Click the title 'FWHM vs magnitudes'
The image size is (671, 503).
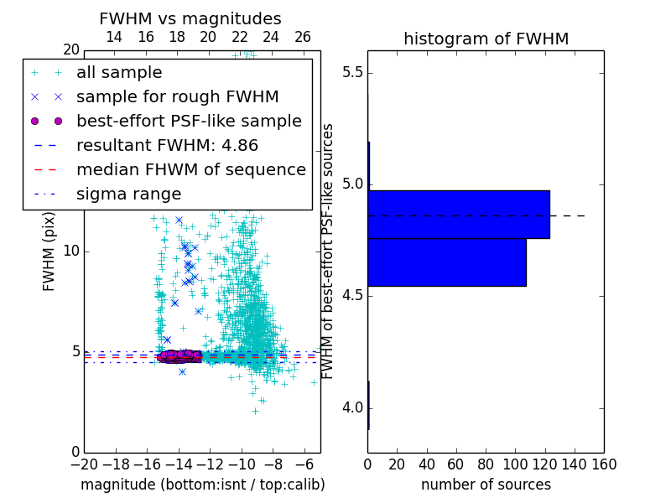pyautogui.click(x=190, y=18)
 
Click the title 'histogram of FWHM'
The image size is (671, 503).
pyautogui.click(x=486, y=39)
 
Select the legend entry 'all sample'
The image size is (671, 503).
pyautogui.click(x=119, y=72)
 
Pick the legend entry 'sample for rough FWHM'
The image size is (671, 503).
pyautogui.click(x=177, y=96)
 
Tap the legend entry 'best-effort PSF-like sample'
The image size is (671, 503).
pyautogui.click(x=189, y=121)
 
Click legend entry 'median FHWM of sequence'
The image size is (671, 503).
pyautogui.click(x=190, y=169)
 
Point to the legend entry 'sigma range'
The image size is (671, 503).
pyautogui.click(x=128, y=194)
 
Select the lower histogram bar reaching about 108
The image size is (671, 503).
pyautogui.click(x=446, y=262)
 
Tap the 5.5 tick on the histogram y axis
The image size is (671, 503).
pyautogui.click(x=352, y=72)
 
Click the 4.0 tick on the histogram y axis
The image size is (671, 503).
pyautogui.click(x=352, y=408)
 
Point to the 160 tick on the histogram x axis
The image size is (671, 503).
pyautogui.click(x=604, y=464)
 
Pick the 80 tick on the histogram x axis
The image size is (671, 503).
pyautogui.click(x=486, y=464)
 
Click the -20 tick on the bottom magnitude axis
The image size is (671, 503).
pyautogui.click(x=84, y=464)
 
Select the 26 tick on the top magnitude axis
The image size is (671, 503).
pyautogui.click(x=303, y=37)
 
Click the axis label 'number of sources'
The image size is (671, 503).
pyautogui.click(x=486, y=485)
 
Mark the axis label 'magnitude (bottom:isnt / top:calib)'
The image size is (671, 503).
pyautogui.click(x=202, y=485)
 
